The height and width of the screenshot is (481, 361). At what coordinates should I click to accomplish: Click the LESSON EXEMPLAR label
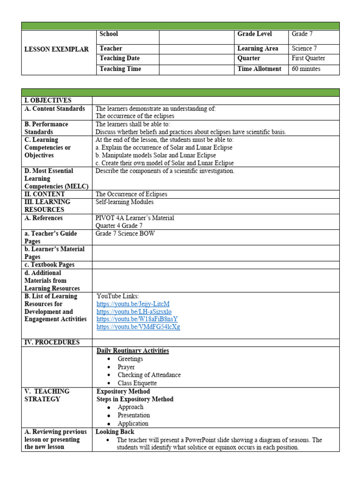pos(56,49)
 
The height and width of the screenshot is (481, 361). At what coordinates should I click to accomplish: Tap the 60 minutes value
pos(306,69)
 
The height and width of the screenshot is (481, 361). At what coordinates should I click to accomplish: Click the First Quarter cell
pos(308,59)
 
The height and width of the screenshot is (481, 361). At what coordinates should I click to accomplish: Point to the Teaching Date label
pos(119,59)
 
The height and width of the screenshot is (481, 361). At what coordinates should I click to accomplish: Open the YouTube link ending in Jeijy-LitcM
pos(133,304)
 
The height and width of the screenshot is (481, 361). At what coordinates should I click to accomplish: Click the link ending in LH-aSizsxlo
pos(134,311)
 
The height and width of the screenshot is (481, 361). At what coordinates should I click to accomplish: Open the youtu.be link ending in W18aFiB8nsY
pos(137,319)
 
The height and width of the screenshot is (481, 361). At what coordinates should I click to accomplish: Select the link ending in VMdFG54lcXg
pos(138,327)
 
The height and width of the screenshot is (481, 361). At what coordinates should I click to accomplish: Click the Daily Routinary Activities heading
pos(133,351)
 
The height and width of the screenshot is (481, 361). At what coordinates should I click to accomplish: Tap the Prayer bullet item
pos(126,367)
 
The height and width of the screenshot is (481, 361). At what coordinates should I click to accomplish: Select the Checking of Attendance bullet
pos(149,375)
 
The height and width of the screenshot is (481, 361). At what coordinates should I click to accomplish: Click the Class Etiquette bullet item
pos(137,383)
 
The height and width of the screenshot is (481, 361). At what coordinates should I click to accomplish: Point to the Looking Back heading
pos(115,432)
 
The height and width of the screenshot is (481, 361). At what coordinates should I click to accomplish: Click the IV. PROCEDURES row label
pos(52,342)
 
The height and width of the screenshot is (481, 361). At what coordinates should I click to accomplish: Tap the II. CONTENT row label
pos(45,194)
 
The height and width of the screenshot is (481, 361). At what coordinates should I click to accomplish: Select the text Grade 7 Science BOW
pos(125,233)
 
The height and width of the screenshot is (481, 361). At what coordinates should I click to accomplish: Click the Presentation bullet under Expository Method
pos(133,415)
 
